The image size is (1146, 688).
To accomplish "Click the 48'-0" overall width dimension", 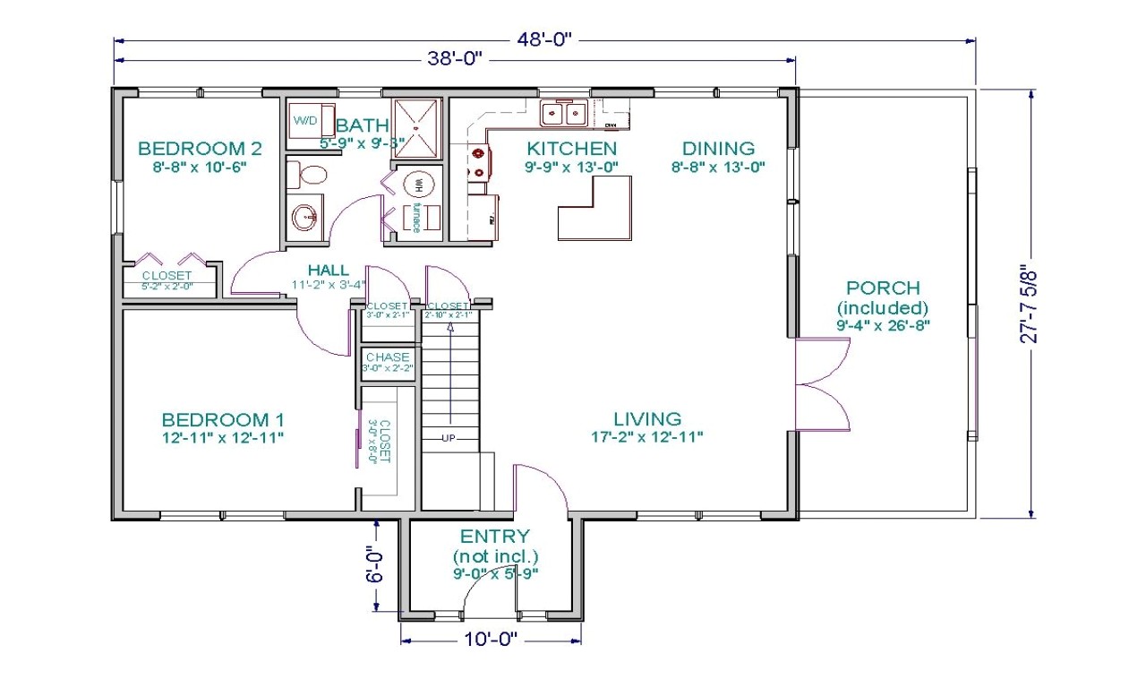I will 543,39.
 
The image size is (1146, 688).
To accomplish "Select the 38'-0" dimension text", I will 456,60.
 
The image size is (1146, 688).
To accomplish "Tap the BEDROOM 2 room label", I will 200,149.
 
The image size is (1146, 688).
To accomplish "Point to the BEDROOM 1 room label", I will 223,419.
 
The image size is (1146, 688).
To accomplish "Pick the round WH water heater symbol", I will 418,185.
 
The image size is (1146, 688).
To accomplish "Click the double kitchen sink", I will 563,114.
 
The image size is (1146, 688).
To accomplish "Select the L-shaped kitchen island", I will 594,208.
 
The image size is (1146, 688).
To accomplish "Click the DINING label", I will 718,149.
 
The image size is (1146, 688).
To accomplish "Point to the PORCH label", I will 883,288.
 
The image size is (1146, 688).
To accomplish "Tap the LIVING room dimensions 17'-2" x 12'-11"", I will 647,437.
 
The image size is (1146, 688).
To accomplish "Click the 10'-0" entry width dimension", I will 490,640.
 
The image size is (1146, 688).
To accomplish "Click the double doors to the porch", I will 822,385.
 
